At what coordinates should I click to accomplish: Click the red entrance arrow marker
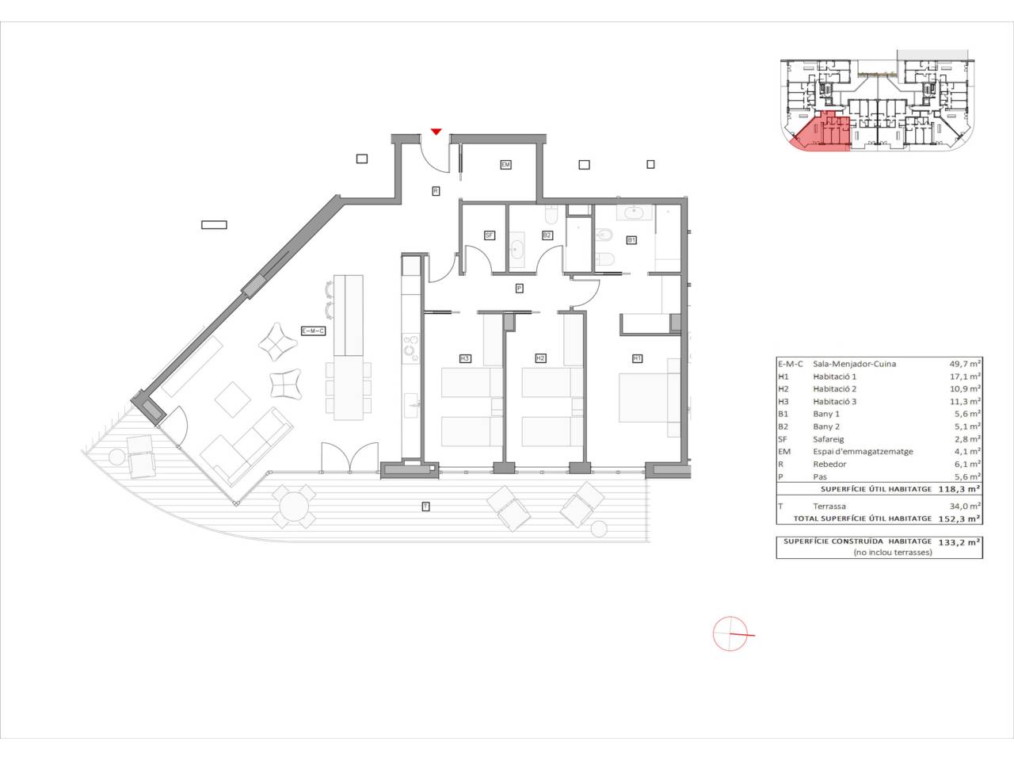click(x=436, y=132)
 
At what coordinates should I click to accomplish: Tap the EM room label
click(x=505, y=165)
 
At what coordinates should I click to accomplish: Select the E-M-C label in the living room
click(x=313, y=331)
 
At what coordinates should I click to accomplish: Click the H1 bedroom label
click(x=637, y=358)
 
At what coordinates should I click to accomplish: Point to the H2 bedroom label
click(x=540, y=358)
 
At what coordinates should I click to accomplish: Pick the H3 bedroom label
click(x=465, y=358)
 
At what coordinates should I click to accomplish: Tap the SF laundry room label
click(x=490, y=235)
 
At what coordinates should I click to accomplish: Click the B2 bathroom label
click(x=547, y=235)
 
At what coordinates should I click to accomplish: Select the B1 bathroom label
click(x=631, y=239)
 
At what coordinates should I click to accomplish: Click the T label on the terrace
click(x=425, y=506)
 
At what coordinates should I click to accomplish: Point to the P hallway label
click(x=519, y=289)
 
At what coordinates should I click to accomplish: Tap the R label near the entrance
click(x=436, y=190)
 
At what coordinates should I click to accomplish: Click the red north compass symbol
click(x=730, y=634)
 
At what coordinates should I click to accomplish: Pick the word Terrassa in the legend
click(x=829, y=506)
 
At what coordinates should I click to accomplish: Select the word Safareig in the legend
click(x=829, y=439)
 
